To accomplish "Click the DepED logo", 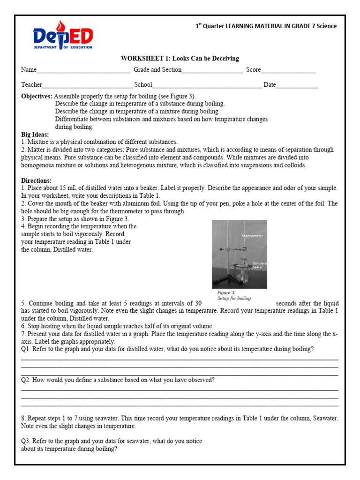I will [63, 35].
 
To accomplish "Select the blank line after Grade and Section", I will [212, 70].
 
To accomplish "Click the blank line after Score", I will [288, 70].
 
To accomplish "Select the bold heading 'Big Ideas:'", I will [35, 134].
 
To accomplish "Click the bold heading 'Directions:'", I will [37, 180].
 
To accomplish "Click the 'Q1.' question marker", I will [26, 349].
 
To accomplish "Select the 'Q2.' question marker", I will [26, 380].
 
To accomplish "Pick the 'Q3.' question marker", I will [26, 441].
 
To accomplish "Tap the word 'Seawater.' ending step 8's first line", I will [325, 418].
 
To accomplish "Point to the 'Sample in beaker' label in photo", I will [259, 265].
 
